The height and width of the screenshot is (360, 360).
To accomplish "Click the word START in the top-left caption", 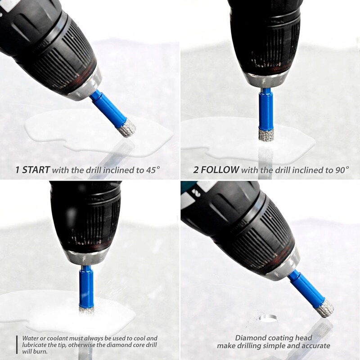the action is pyautogui.click(x=36, y=170).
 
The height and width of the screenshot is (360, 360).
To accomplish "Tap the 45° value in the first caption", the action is pyautogui.click(x=153, y=170).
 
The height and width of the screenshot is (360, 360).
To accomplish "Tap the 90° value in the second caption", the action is pyautogui.click(x=342, y=170).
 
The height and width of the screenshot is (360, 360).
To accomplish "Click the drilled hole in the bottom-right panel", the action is pyautogui.click(x=268, y=319).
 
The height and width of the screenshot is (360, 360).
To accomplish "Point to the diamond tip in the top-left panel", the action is pyautogui.click(x=127, y=128).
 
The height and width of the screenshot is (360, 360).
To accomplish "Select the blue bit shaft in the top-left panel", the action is pyautogui.click(x=108, y=108).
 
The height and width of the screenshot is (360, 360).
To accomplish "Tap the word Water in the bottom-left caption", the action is pyautogui.click(x=30, y=338).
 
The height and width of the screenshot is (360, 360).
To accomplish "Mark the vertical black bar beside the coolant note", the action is pyautogui.click(x=17, y=345).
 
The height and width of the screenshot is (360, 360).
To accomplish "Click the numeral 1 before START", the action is pyautogui.click(x=18, y=170).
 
